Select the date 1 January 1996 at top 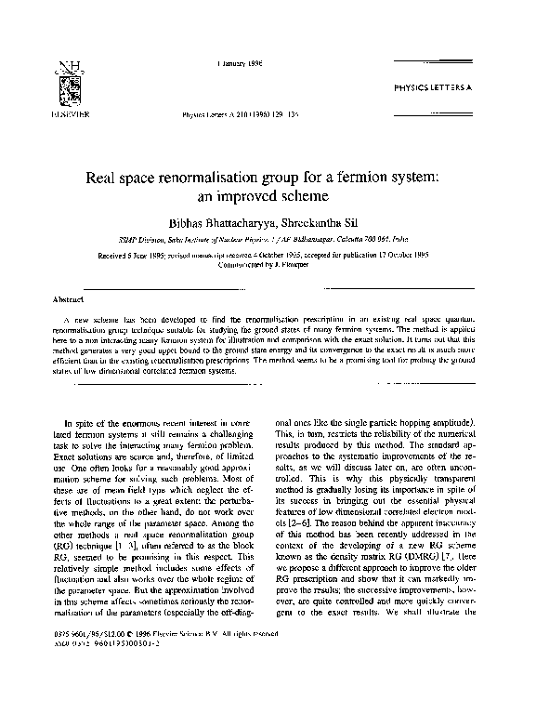coord(238,64)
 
